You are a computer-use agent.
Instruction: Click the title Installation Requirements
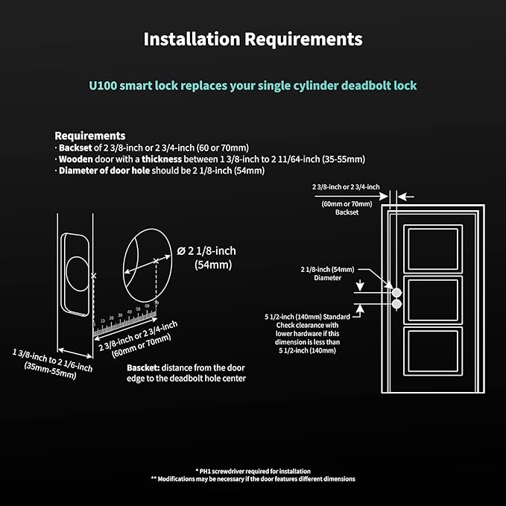[253, 39]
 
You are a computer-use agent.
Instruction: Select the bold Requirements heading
[90, 136]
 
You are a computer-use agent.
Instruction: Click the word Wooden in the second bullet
[77, 159]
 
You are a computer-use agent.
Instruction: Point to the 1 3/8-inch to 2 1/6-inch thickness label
[52, 361]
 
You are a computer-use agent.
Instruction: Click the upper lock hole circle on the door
[396, 292]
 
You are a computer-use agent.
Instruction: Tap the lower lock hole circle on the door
[396, 304]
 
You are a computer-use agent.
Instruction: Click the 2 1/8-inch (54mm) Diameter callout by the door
[327, 273]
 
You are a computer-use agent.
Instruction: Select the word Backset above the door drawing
[347, 212]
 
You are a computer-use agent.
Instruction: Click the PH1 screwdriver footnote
[253, 471]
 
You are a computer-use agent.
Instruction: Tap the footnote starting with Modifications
[253, 479]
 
